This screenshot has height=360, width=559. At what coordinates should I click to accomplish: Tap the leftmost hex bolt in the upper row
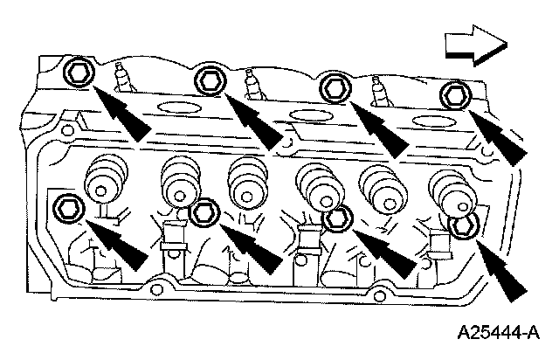click(78, 71)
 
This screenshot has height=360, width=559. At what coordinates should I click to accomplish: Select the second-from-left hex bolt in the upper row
click(210, 81)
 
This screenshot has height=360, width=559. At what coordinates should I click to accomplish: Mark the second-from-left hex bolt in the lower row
click(204, 212)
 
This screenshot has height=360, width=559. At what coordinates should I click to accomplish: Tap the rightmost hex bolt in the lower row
click(463, 225)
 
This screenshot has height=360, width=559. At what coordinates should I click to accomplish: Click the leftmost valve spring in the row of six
click(104, 179)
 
